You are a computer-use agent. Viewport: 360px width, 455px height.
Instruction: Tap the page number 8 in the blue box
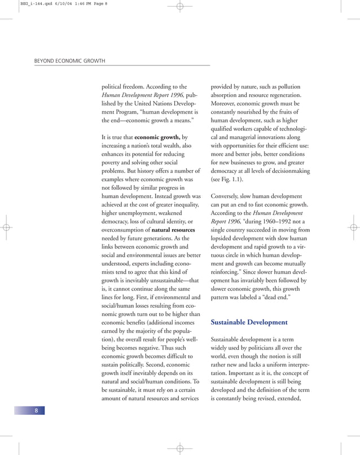tap(36, 410)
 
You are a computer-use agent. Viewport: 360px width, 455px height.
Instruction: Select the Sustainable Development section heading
tap(249, 322)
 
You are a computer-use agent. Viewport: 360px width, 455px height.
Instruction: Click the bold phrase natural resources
tap(173, 230)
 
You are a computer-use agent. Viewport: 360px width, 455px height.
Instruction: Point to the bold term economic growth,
tap(157, 137)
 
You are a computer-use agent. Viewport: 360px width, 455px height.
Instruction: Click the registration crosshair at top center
tap(180, 7)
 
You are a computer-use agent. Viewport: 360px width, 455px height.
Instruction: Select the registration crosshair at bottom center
tap(180, 448)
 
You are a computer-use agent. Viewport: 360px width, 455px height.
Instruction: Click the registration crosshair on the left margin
tap(7, 228)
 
